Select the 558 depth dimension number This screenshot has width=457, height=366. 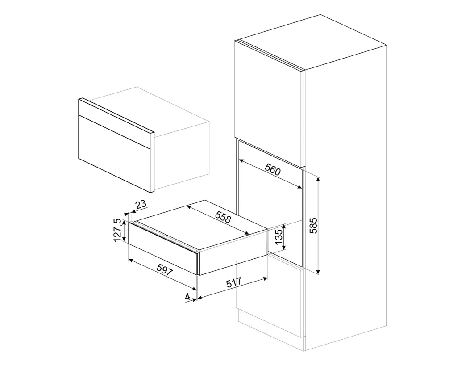[x=222, y=217]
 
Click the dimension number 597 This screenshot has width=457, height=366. [x=165, y=269]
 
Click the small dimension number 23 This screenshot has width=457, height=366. [x=141, y=205]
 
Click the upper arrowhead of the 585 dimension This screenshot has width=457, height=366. [x=318, y=179]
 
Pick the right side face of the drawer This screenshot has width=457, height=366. [x=232, y=252]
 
